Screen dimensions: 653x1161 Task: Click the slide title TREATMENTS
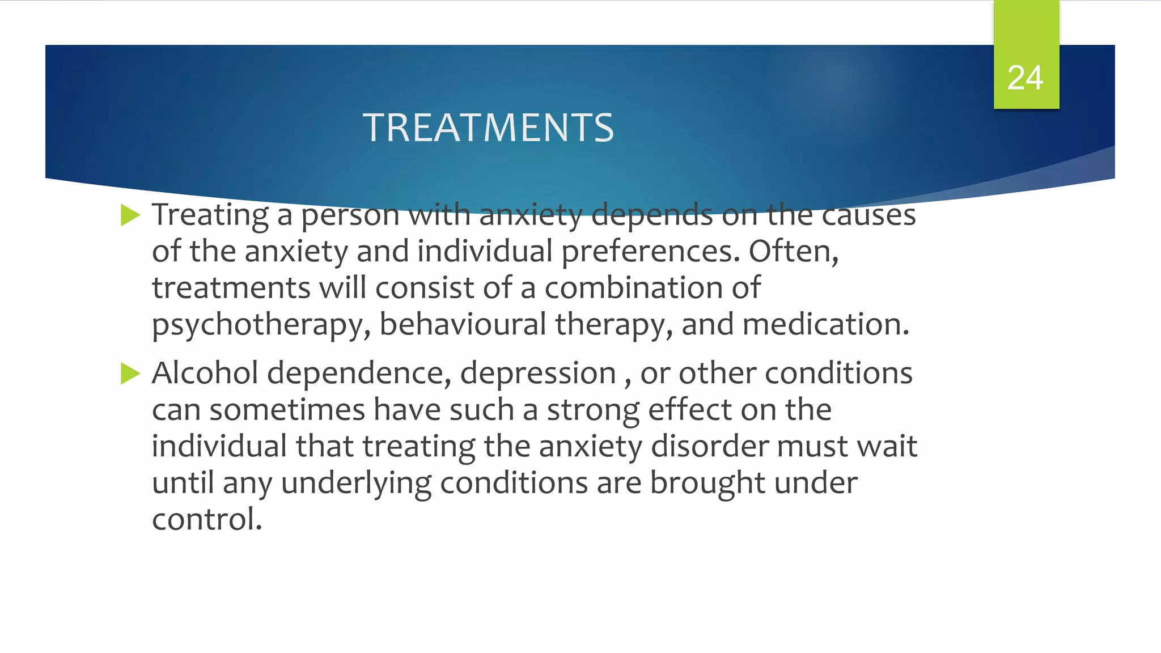(x=488, y=128)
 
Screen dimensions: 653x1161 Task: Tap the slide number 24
(x=1025, y=78)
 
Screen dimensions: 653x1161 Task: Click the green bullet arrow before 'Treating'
(x=130, y=215)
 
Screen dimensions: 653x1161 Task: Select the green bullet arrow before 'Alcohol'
(x=130, y=374)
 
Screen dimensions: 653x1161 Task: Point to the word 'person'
(x=350, y=215)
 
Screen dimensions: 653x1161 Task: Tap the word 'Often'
(x=793, y=252)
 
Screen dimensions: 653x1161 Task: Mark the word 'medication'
(x=825, y=324)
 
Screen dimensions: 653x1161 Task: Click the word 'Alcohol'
(x=205, y=374)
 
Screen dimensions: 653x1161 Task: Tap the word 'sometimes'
(x=287, y=410)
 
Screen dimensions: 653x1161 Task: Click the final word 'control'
(x=207, y=520)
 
